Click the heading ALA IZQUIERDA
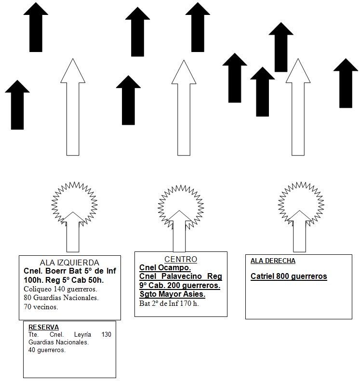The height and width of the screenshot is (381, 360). [69, 263]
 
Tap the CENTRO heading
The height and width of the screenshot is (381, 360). [181, 259]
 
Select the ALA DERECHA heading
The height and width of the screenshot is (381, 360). [273, 261]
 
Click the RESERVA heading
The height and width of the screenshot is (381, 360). [43, 327]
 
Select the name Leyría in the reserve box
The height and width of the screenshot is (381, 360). [82, 335]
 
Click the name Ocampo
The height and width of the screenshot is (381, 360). [174, 267]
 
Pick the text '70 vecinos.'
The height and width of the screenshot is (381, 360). [41, 307]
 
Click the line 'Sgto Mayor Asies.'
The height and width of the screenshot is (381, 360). [173, 294]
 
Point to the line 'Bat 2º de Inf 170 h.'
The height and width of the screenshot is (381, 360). [169, 303]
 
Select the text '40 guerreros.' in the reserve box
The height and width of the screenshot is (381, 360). [47, 350]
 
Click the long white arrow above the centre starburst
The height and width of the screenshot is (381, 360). [184, 107]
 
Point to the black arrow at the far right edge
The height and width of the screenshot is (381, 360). [346, 83]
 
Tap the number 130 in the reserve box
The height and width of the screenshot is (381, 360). [106, 335]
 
